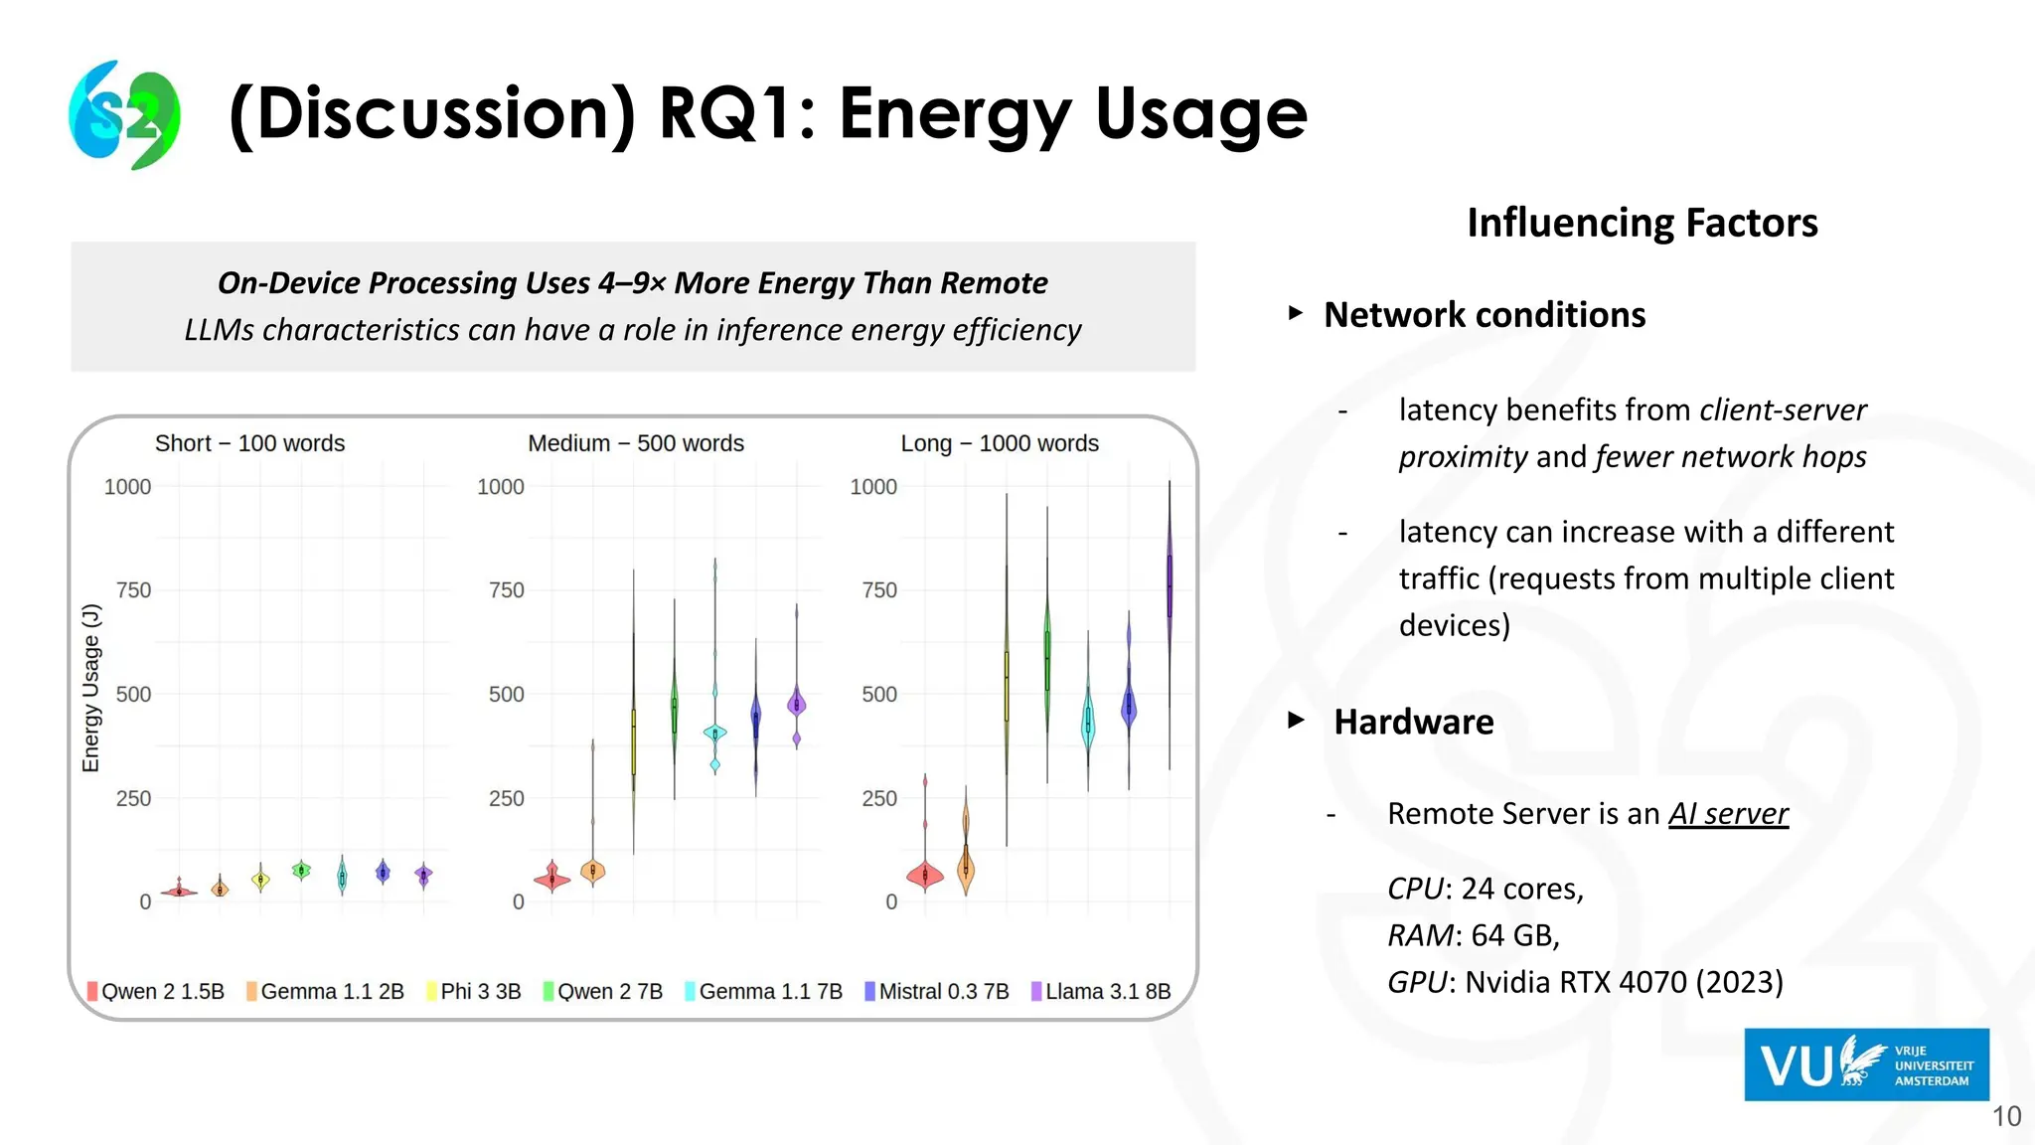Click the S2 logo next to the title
pyautogui.click(x=125, y=114)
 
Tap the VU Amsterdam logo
pyautogui.click(x=1866, y=1064)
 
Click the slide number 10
pyautogui.click(x=2006, y=1116)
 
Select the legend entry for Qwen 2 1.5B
pyautogui.click(x=156, y=991)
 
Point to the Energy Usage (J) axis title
pyautogui.click(x=90, y=687)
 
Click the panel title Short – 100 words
pyautogui.click(x=249, y=443)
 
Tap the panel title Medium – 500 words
pyautogui.click(x=636, y=443)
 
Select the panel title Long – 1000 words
pyautogui.click(x=1000, y=443)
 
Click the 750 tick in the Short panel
pyautogui.click(x=133, y=590)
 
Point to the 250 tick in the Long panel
pyautogui.click(x=878, y=798)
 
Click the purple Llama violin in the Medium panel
pyautogui.click(x=796, y=704)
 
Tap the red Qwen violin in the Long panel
pyautogui.click(x=925, y=875)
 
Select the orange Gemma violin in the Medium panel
pyautogui.click(x=593, y=871)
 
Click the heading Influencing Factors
pyautogui.click(x=1642, y=223)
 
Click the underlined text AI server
pyautogui.click(x=1728, y=814)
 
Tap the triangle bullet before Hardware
pyautogui.click(x=1296, y=721)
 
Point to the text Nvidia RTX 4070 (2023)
pyautogui.click(x=1624, y=982)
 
